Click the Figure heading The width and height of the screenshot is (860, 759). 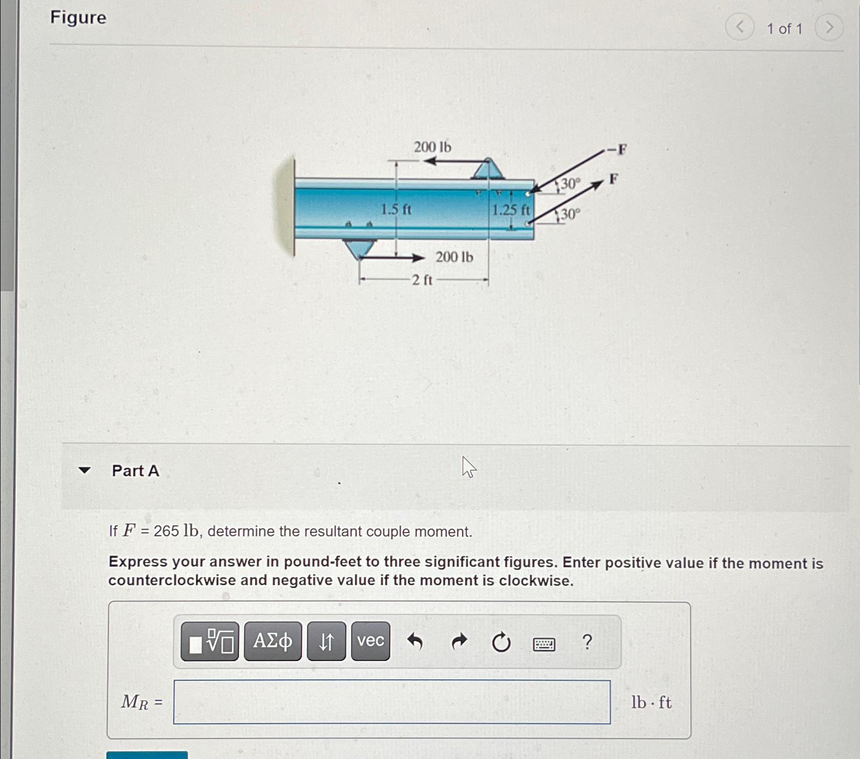point(78,18)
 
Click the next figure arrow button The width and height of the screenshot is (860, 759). point(828,28)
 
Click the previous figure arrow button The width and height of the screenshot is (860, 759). point(739,27)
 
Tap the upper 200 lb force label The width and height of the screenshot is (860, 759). point(432,147)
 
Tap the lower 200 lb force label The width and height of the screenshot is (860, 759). point(454,257)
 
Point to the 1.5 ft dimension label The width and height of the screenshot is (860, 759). point(396,210)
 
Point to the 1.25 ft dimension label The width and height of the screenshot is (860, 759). point(510,210)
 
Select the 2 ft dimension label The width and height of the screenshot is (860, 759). point(422,280)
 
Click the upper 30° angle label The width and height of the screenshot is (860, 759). point(570,184)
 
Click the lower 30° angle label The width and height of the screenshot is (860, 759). point(570,214)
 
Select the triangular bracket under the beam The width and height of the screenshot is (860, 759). point(360,248)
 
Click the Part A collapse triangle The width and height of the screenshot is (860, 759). point(84,470)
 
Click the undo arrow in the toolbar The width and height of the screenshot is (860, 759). point(415,641)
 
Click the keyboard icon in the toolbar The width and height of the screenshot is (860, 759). point(544,644)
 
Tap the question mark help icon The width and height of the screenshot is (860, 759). point(587,641)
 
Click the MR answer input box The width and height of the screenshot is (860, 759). point(391,702)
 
